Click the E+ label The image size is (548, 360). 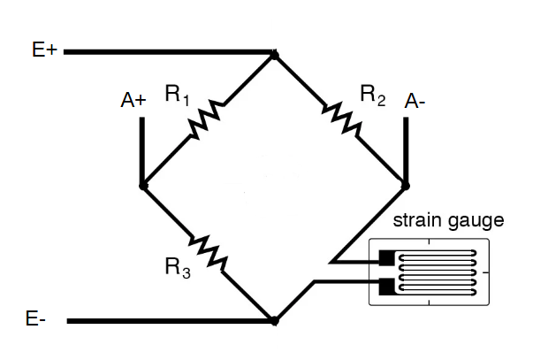44,51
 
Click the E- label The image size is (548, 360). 36,320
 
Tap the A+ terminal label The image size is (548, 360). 133,101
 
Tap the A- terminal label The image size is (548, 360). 415,102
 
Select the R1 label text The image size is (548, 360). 177,96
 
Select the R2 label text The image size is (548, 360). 372,96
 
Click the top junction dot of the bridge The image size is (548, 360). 274,55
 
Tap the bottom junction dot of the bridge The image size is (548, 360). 274,319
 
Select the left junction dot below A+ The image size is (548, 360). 142,187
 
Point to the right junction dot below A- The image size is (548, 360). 406,186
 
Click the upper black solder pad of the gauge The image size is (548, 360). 387,259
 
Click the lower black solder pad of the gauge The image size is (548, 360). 387,286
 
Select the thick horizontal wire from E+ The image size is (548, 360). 168,52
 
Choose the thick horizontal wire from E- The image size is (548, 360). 168,320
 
